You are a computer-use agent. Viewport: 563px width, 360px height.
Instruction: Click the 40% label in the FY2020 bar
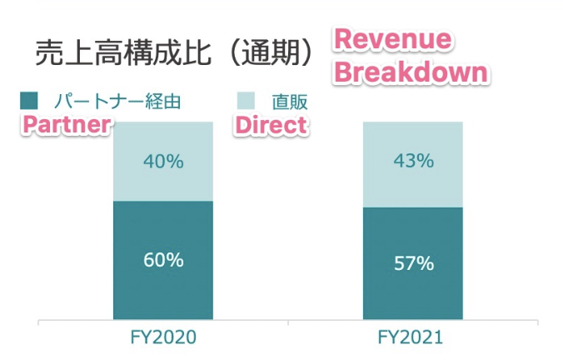[x=163, y=162]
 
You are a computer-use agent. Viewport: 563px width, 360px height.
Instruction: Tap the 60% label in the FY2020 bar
[x=163, y=259]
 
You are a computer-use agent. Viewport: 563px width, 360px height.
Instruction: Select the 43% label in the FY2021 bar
[x=413, y=162]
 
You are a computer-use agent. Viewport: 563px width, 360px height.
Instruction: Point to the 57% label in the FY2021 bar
[x=413, y=263]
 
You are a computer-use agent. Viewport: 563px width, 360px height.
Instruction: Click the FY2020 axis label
[x=163, y=338]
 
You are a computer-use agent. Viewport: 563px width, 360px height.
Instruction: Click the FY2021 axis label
[x=413, y=338]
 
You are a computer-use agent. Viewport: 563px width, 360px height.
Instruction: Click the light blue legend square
[x=246, y=102]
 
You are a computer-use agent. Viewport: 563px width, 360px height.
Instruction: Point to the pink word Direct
[x=271, y=125]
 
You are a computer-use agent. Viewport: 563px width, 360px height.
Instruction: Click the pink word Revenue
[x=392, y=40]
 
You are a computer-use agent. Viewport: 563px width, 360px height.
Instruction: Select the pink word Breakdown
[x=410, y=72]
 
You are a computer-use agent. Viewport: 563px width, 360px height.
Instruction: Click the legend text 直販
[x=290, y=102]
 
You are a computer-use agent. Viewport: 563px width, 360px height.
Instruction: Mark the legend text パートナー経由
[x=117, y=102]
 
